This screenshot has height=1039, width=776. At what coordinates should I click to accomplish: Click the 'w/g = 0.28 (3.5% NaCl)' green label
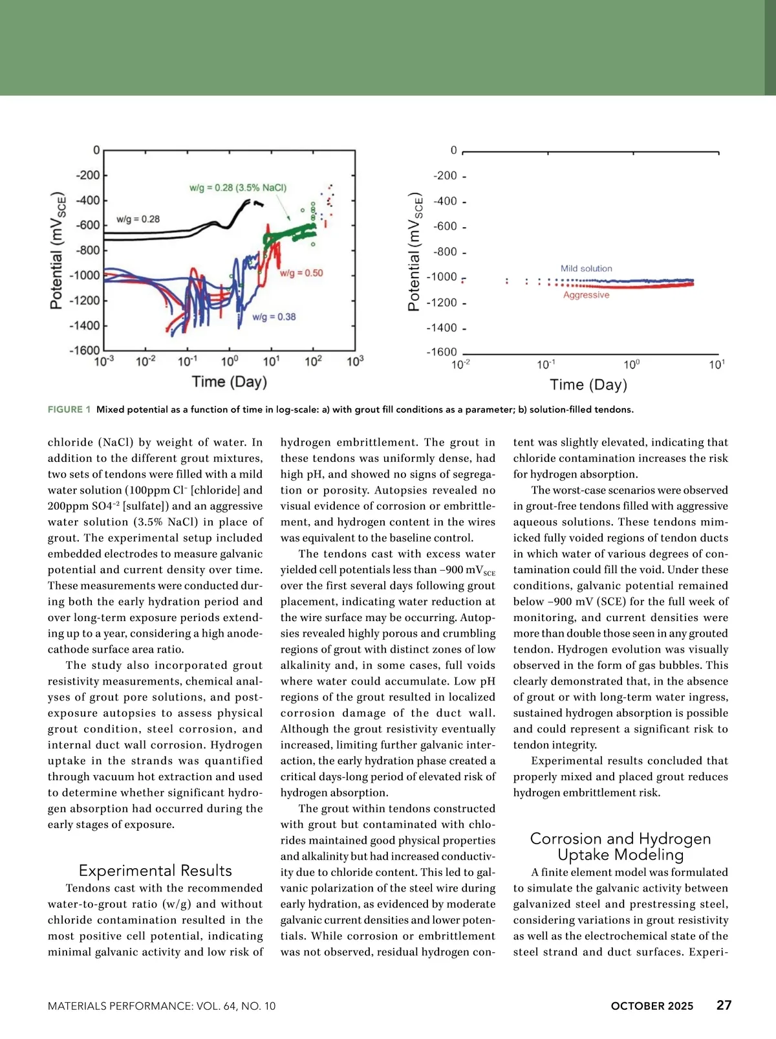point(237,188)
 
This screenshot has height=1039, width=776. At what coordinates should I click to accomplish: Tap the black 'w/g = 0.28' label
point(138,219)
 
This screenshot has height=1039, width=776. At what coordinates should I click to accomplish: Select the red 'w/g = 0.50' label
point(301,273)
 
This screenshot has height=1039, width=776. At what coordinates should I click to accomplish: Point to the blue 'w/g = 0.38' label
point(274,317)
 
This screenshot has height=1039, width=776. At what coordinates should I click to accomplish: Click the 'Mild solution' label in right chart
point(586,268)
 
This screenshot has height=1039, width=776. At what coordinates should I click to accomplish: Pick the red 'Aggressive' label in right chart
point(586,295)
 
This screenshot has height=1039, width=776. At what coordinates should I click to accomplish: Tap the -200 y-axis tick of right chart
point(445,176)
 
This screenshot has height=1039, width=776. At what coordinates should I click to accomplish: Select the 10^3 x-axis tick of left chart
point(355,361)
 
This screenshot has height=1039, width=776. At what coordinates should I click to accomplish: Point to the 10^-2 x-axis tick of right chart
point(460,364)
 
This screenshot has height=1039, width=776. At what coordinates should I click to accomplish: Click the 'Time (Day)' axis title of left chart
point(230,382)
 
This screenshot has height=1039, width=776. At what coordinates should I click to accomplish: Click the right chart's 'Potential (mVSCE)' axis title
point(415,252)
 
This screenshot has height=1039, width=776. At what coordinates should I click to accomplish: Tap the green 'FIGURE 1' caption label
point(69,410)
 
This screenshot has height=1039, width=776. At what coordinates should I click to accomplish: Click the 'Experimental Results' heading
point(155,870)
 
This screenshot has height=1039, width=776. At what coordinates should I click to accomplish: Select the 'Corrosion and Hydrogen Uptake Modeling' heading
point(620,846)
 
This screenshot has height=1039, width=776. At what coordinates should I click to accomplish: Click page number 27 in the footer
point(724,1005)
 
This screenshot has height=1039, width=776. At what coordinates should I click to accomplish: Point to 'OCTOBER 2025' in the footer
point(652,1006)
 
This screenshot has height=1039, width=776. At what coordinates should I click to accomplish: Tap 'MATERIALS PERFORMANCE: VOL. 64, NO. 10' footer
point(162,1006)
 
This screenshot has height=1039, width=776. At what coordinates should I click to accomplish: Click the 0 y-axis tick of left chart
point(96,150)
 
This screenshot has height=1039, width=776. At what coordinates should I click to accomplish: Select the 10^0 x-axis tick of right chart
point(631,364)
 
